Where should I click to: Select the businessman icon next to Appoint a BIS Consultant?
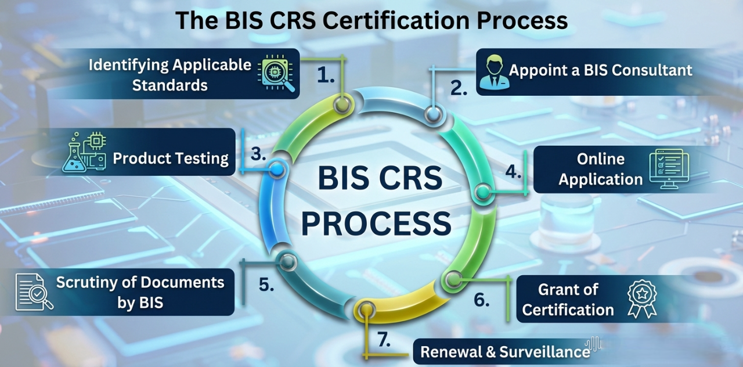pos(495,72)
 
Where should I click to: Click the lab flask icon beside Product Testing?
pos(84,152)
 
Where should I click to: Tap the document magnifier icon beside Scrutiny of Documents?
pos(34,292)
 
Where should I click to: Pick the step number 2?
pos(459,88)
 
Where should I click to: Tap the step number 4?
pos(513,172)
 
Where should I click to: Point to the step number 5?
pos(266,285)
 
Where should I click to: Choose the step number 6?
pos(481,300)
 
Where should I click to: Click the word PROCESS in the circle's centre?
pos(376,223)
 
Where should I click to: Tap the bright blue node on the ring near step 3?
pos(277,169)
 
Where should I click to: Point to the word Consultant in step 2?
pos(652,71)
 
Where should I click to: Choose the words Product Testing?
pos(171,158)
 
